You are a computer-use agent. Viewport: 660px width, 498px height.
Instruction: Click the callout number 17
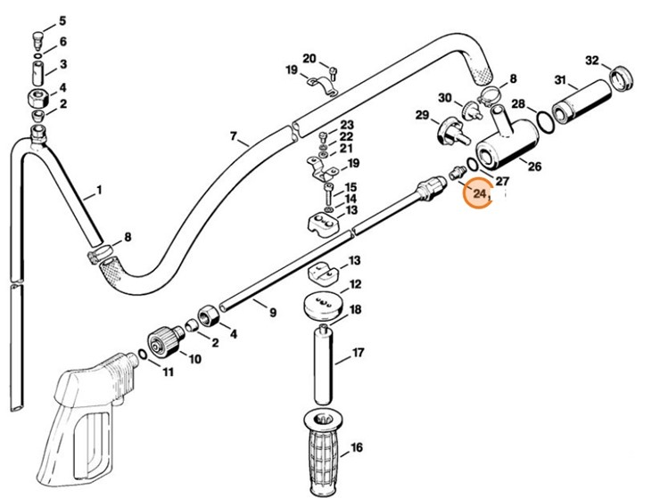point(358,354)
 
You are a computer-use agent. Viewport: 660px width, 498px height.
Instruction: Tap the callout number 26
point(534,166)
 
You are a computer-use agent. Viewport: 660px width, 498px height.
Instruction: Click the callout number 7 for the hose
point(234,137)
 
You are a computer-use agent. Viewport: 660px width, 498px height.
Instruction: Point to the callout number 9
point(273,313)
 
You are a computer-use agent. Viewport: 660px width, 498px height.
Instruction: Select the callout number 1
point(98,190)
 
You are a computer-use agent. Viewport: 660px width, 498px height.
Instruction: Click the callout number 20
point(309,59)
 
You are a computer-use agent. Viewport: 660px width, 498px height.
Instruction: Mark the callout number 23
point(347,124)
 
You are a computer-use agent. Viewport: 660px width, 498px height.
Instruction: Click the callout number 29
point(423,114)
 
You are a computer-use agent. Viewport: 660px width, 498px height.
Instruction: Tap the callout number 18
point(355,310)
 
